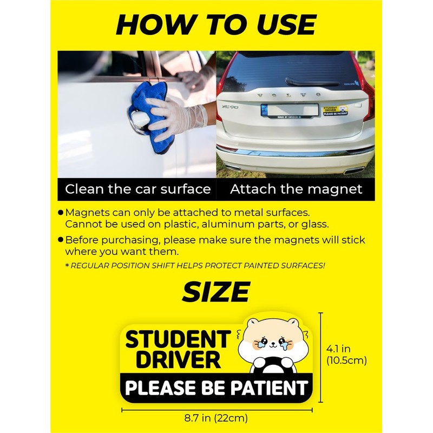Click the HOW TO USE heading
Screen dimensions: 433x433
(x=216, y=24)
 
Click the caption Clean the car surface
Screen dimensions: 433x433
(x=137, y=189)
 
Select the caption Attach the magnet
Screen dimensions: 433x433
(x=296, y=189)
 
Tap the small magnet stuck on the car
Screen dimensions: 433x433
(x=334, y=110)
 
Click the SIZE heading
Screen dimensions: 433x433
(x=216, y=292)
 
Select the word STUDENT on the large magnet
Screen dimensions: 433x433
(x=178, y=339)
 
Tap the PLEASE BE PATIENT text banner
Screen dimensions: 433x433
(x=216, y=388)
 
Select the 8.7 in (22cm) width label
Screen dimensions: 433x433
(x=216, y=418)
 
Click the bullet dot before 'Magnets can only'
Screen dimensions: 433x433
(x=61, y=213)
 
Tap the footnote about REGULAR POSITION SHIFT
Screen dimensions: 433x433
(x=195, y=265)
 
